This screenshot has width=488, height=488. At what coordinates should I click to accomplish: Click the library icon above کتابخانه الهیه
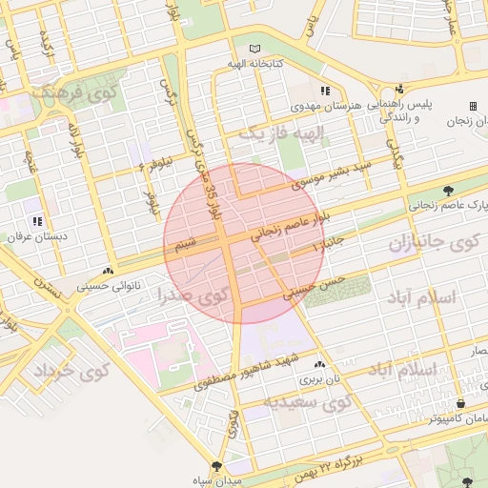254,49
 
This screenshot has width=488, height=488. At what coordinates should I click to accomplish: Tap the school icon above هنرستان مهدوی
325,91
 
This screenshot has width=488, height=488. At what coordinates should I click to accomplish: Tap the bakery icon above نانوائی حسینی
111,270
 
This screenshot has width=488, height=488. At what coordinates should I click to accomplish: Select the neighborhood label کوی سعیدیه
309,403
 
